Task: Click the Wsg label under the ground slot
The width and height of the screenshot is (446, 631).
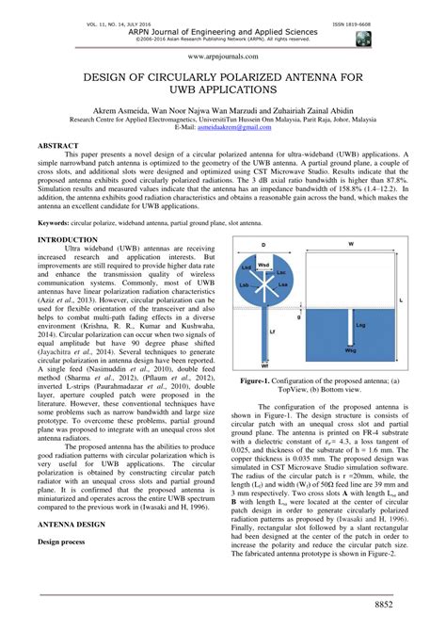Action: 350,350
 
